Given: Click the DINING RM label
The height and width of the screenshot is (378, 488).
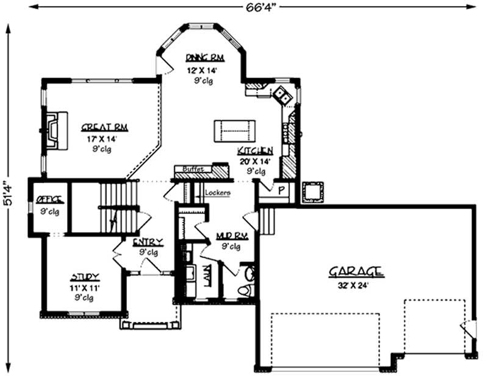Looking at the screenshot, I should click(x=205, y=58).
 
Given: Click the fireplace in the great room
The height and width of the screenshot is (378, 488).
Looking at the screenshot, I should click(x=54, y=130).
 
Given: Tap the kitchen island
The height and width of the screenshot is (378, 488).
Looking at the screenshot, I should click(x=235, y=130).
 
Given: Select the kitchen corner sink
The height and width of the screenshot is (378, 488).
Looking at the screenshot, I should click(x=281, y=94).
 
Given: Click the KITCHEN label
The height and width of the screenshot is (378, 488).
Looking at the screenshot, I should click(x=255, y=151).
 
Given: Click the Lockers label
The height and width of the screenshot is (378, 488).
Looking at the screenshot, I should click(x=218, y=193).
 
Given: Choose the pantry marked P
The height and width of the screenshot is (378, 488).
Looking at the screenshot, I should click(x=281, y=190).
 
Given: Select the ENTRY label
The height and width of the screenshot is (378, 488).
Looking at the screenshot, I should click(x=148, y=242).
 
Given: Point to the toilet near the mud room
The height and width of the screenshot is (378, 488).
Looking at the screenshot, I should click(x=247, y=286).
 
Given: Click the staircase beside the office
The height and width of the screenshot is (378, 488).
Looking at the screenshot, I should click(x=116, y=207).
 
